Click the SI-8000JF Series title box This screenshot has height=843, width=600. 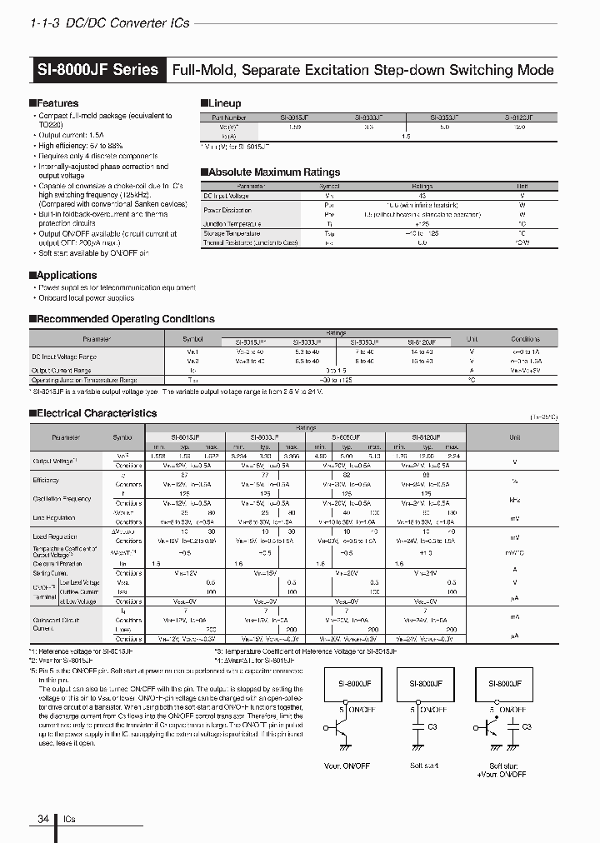click(x=97, y=70)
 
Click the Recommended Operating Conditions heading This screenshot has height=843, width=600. click(x=122, y=319)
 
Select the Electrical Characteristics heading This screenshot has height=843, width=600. click(x=92, y=413)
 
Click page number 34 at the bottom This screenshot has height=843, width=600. click(x=42, y=819)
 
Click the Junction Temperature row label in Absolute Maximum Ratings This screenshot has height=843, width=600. click(x=232, y=224)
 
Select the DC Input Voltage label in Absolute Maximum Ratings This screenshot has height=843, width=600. click(x=227, y=195)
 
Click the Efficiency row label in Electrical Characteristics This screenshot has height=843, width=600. click(x=46, y=481)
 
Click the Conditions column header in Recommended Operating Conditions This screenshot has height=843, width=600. click(x=526, y=339)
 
